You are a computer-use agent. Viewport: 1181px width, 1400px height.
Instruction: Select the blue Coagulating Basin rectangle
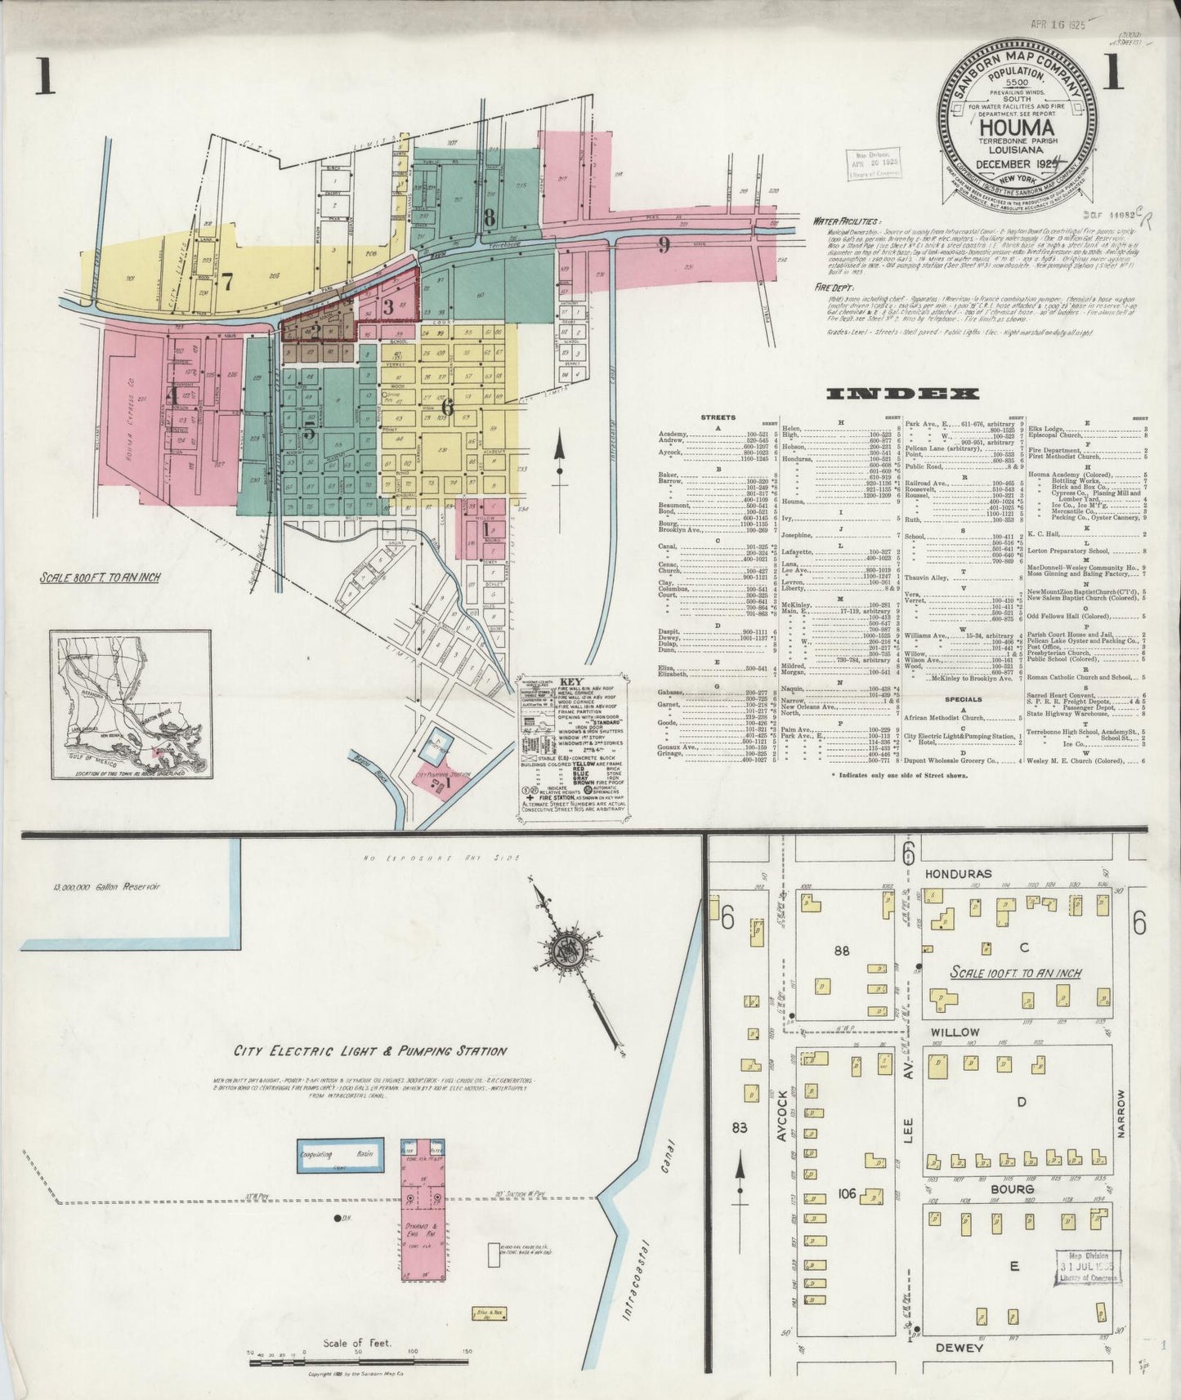(339, 1158)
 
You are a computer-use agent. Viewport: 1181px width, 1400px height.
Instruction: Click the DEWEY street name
(955, 1348)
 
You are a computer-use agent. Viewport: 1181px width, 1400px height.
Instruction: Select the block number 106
(846, 1194)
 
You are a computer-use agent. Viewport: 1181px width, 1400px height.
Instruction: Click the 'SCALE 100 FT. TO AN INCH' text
(1016, 973)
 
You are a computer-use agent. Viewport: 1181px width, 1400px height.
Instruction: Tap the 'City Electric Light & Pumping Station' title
(370, 1051)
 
